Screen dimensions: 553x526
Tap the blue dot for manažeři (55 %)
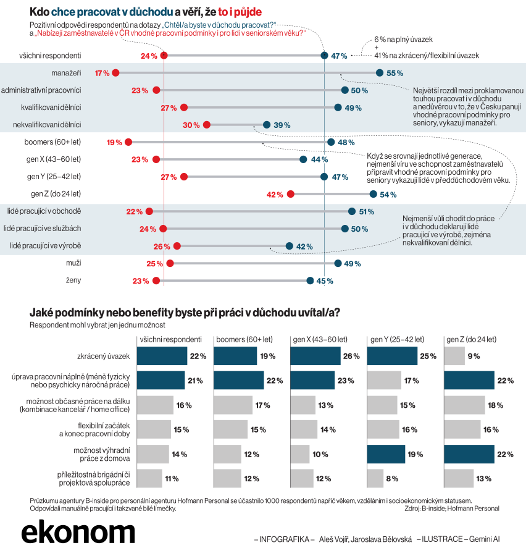coord(379,73)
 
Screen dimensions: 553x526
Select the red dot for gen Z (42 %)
coord(291,194)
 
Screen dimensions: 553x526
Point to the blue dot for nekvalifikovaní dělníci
coord(266,125)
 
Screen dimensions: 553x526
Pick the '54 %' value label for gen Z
coord(388,195)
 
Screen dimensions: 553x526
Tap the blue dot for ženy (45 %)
coord(310,281)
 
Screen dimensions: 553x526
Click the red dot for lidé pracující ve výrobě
coord(177,246)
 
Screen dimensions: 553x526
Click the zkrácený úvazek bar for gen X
coord(315,356)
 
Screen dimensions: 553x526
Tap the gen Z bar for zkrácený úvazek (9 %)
coord(454,356)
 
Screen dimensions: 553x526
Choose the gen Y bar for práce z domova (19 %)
coord(386,454)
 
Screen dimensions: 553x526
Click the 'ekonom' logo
coord(78,533)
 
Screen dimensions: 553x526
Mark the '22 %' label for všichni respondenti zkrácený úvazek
coord(198,357)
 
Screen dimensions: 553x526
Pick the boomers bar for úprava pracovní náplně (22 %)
coord(239,380)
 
